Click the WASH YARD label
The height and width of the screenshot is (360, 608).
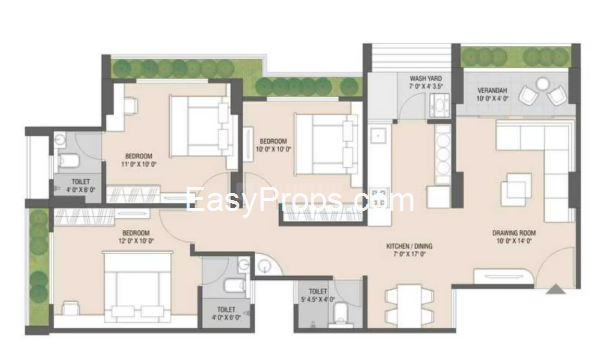point(427,77)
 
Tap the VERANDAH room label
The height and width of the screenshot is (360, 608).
point(491,91)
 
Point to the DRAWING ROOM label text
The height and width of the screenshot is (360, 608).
point(514,234)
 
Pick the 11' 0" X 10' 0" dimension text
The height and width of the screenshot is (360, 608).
point(139,166)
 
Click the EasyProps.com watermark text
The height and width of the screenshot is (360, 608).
point(300,201)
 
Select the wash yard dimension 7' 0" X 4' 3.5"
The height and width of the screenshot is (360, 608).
point(427,86)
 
